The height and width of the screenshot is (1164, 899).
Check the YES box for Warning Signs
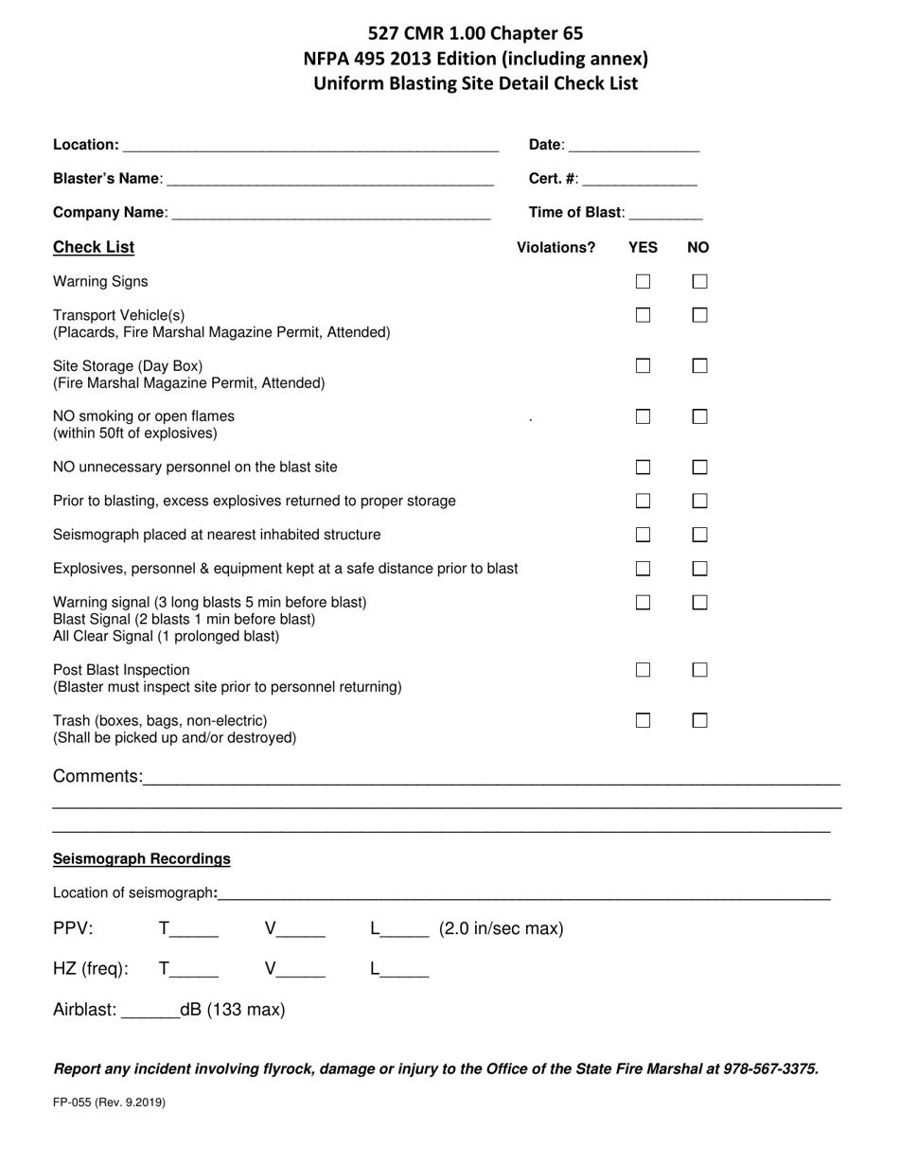click(643, 281)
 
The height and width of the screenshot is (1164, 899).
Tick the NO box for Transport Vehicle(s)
click(699, 315)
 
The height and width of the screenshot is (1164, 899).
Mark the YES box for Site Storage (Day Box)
click(643, 366)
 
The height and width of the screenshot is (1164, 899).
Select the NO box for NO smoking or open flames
click(699, 416)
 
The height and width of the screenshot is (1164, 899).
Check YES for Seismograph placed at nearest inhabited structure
click(643, 535)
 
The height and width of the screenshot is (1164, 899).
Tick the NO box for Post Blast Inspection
click(699, 670)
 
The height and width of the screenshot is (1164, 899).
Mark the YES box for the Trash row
click(643, 721)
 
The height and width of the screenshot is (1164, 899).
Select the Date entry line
click(634, 146)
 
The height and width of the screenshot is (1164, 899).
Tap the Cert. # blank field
click(640, 180)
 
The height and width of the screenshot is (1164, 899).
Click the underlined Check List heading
click(94, 247)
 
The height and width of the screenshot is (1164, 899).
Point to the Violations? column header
click(555, 248)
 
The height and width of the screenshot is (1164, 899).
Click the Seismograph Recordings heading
click(142, 859)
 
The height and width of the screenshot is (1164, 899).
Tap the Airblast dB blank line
click(150, 1012)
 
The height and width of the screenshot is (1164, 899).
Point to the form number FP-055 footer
click(109, 1102)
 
